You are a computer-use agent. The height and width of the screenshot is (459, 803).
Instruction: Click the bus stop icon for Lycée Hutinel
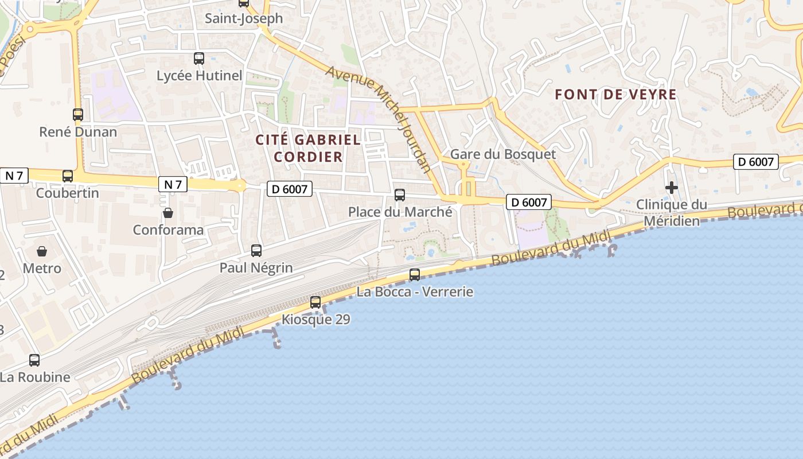pyautogui.click(x=199, y=58)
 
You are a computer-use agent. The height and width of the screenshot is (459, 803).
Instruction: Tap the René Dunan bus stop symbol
pyautogui.click(x=78, y=114)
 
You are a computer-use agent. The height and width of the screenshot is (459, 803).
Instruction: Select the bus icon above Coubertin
pyautogui.click(x=68, y=176)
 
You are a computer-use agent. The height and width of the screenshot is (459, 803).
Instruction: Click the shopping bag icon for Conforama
pyautogui.click(x=168, y=213)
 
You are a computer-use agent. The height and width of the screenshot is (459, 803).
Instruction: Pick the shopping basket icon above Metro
pyautogui.click(x=42, y=251)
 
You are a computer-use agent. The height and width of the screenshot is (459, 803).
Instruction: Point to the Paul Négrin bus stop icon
pyautogui.click(x=256, y=250)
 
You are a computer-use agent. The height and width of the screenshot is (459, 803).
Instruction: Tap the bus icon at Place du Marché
pyautogui.click(x=400, y=195)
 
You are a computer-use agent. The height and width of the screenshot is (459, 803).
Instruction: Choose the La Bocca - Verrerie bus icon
pyautogui.click(x=415, y=275)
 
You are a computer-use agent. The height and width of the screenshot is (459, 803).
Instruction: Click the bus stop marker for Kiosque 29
pyautogui.click(x=315, y=302)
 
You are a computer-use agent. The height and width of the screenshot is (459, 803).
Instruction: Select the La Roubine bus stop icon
pyautogui.click(x=34, y=360)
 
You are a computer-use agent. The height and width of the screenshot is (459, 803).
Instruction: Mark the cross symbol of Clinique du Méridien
pyautogui.click(x=672, y=188)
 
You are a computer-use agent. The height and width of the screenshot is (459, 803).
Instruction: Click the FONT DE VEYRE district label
pyautogui.click(x=616, y=95)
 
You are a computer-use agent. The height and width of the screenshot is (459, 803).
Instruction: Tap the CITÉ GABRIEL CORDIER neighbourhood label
pyautogui.click(x=308, y=148)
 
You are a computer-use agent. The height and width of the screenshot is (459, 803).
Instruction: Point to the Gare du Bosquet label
pyautogui.click(x=503, y=154)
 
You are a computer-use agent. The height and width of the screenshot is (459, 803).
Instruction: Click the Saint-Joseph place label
pyautogui.click(x=244, y=18)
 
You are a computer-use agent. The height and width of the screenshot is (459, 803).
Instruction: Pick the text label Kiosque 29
pyautogui.click(x=315, y=320)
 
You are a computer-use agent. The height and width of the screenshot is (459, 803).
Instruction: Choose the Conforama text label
pyautogui.click(x=168, y=230)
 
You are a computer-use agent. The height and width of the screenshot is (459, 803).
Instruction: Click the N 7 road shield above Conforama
pyautogui.click(x=173, y=184)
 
